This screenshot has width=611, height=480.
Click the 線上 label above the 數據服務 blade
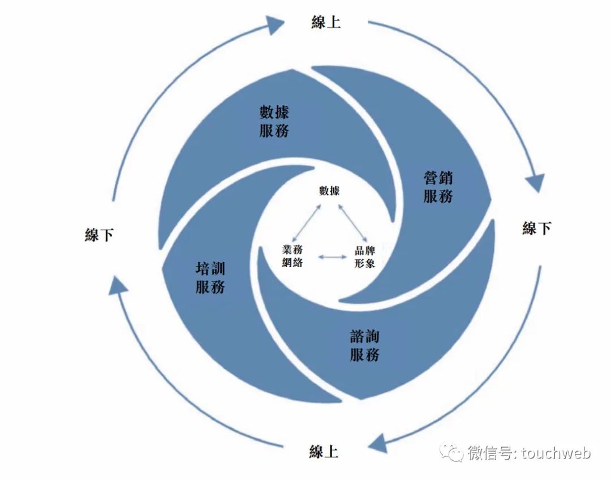(326, 22)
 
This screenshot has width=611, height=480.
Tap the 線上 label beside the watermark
(324, 452)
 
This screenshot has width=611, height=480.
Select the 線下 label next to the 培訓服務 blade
(100, 235)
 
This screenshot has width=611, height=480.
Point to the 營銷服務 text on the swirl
(438, 187)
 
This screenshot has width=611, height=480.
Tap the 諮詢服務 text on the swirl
(365, 346)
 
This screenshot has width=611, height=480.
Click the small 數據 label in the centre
(329, 191)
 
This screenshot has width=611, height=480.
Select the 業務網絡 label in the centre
(292, 256)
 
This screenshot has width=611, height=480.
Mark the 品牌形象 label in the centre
(364, 256)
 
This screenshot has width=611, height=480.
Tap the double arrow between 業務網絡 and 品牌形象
(332, 257)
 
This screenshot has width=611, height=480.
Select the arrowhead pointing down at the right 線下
(534, 183)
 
